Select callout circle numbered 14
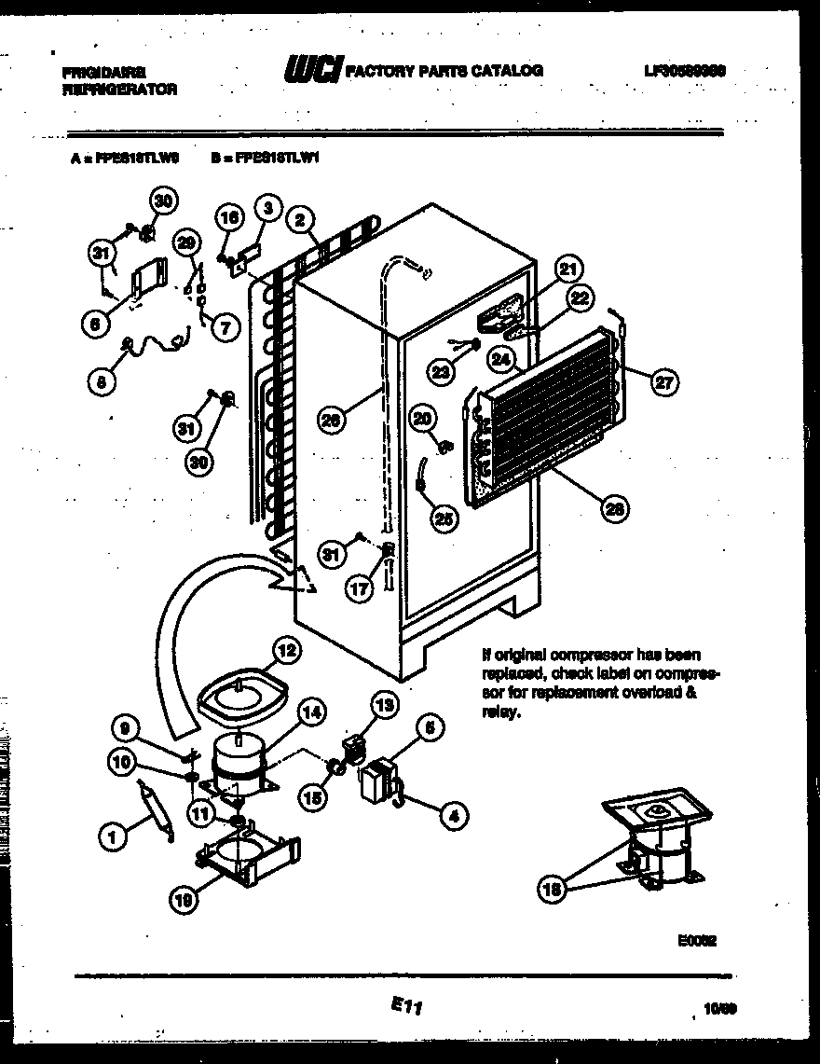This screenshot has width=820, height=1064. coord(315,712)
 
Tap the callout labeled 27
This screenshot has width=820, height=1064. coord(665,380)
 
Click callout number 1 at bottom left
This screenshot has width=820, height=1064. coord(113,838)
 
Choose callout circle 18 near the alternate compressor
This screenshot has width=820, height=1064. coord(553,889)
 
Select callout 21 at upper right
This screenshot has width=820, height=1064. coord(567,269)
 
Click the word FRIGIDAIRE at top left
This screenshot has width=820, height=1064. coord(102,71)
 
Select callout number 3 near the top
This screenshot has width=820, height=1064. coord(267,208)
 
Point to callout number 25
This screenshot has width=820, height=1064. coord(445,518)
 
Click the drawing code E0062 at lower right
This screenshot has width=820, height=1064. coord(697,942)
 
